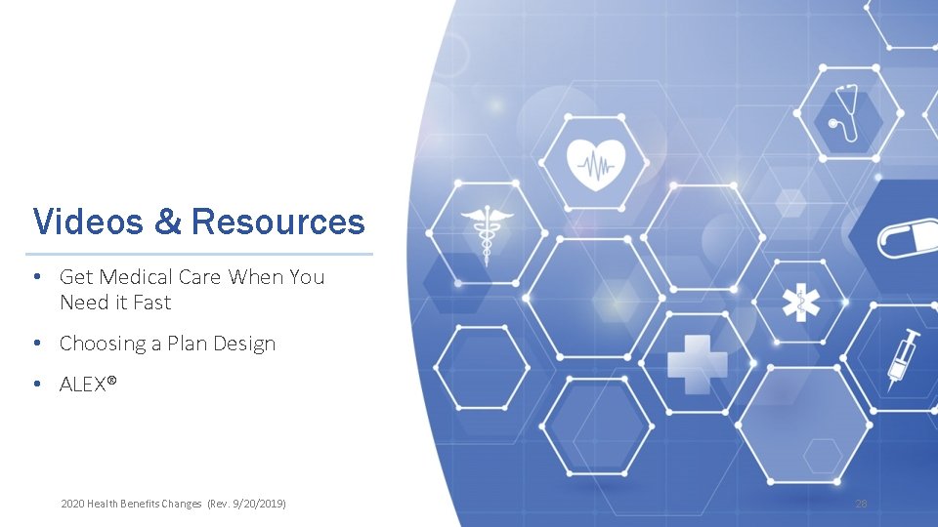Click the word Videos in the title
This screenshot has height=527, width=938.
tap(88, 222)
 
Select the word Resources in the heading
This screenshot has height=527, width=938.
tap(278, 222)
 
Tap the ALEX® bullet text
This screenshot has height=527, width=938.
tap(88, 384)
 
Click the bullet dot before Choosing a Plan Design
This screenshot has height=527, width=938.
tap(36, 344)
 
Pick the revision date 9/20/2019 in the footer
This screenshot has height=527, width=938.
tap(256, 504)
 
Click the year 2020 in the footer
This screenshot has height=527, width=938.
tap(72, 504)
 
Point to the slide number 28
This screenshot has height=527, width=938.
tap(861, 504)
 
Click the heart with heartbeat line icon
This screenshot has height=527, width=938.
tap(595, 163)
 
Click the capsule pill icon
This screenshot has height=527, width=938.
tap(907, 237)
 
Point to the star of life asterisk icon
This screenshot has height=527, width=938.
tap(800, 304)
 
